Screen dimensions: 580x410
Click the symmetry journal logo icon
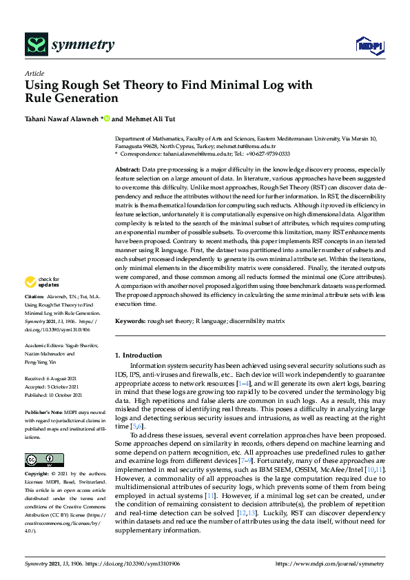pos(35,45)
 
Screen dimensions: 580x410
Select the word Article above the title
pos(34,74)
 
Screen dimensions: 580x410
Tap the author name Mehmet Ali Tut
pos(150,118)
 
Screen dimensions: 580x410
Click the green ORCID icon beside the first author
pos(107,118)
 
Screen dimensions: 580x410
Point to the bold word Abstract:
pos(127,169)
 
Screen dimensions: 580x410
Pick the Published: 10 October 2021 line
pos(54,395)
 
